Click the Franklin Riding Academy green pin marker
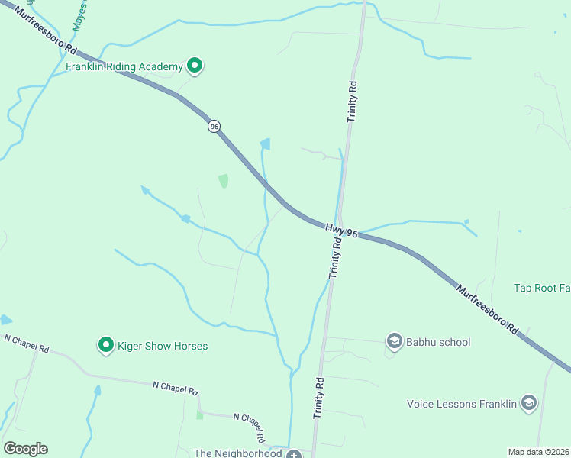click(195, 66)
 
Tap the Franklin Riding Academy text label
click(124, 67)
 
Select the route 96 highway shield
click(215, 126)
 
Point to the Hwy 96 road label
click(341, 230)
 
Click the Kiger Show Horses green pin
click(106, 346)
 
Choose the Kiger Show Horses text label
click(163, 346)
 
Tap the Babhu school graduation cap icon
click(395, 341)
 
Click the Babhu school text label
click(439, 342)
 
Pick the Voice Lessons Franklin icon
click(528, 403)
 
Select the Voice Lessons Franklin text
click(462, 404)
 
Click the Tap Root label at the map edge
click(542, 288)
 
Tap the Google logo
click(25, 449)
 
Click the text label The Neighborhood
click(239, 453)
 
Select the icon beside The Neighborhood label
click(293, 453)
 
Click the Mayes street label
click(79, 15)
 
